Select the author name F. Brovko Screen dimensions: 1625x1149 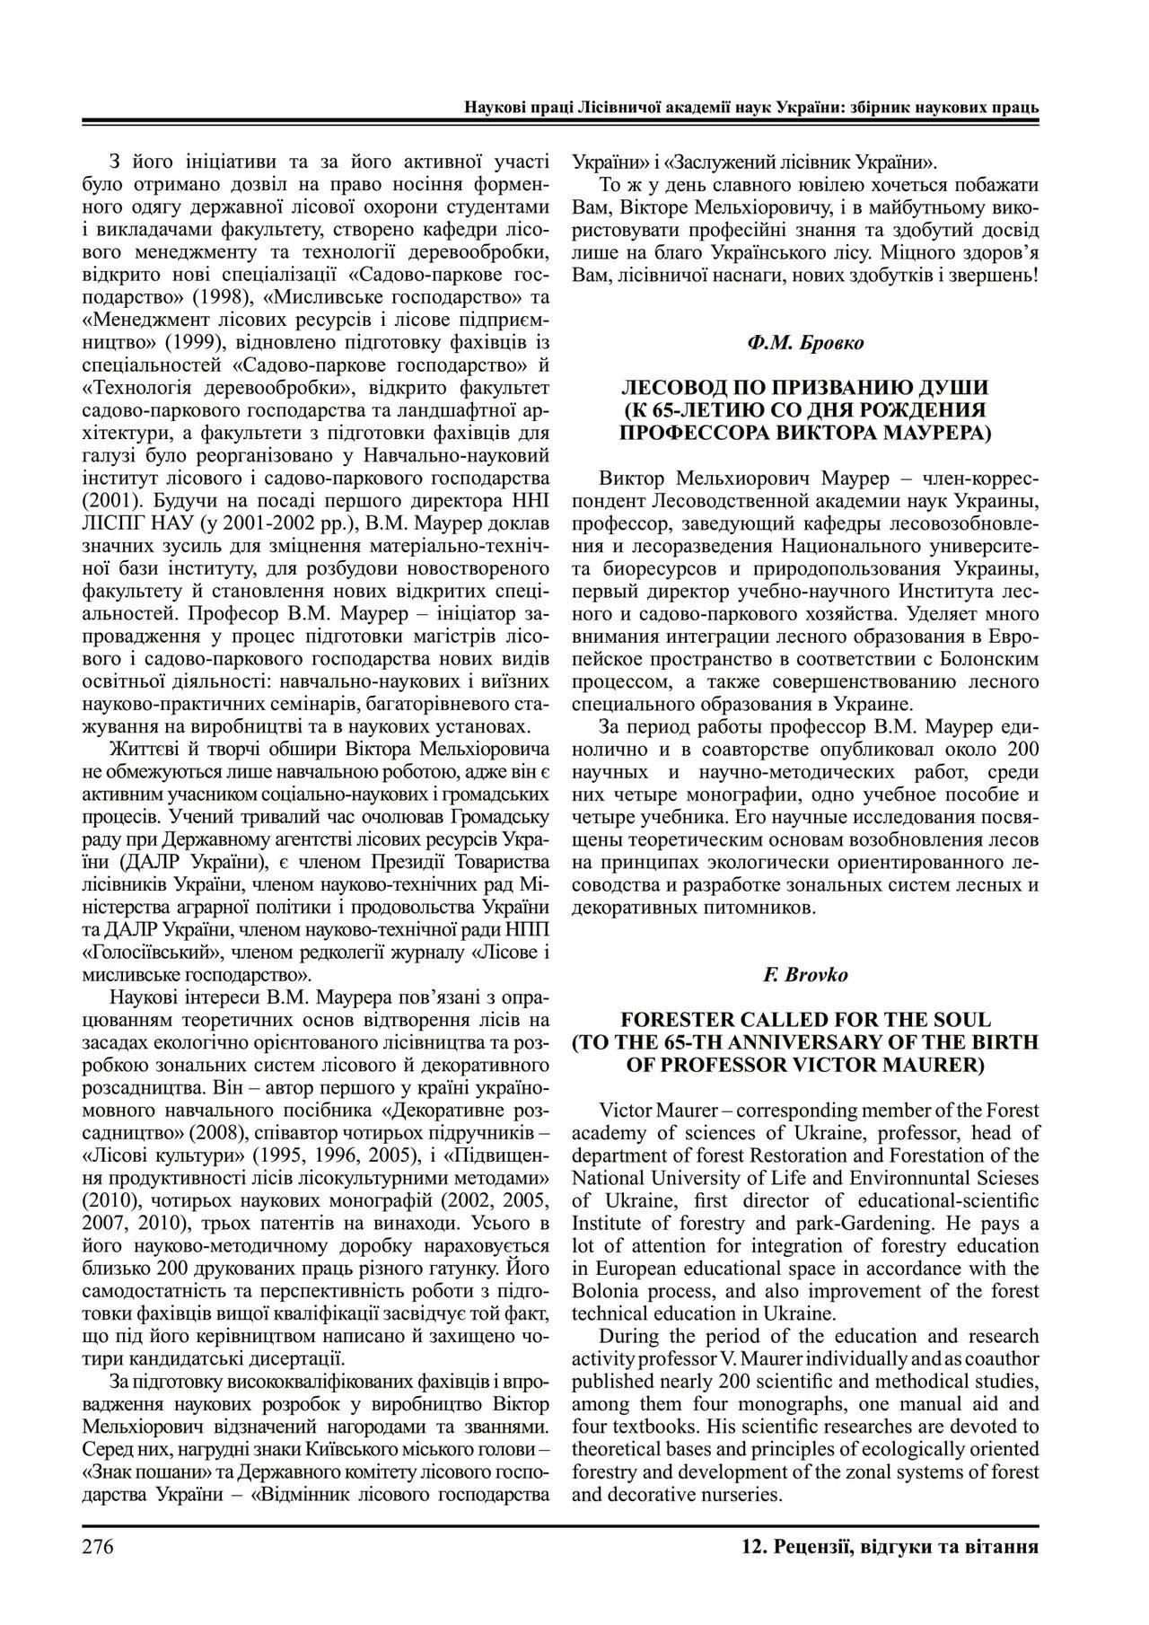(x=804, y=974)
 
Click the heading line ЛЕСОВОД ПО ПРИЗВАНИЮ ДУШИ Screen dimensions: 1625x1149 (x=804, y=388)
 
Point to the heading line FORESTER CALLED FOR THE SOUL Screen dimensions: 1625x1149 (x=804, y=1020)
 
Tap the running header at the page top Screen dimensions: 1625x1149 (x=751, y=107)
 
